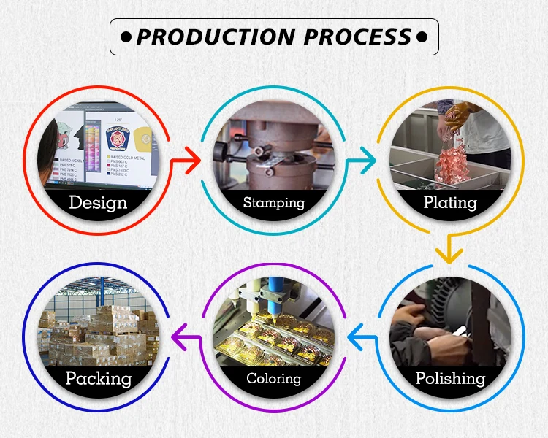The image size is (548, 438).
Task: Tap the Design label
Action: tap(98, 202)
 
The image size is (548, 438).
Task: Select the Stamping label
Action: tap(273, 202)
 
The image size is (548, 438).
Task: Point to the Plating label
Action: tap(450, 202)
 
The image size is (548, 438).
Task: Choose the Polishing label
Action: tap(450, 377)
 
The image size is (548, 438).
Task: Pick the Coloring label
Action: tap(273, 378)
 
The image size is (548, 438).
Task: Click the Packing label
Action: tap(98, 378)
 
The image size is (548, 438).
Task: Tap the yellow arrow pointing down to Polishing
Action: tap(449, 250)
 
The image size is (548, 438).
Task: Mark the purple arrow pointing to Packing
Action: tap(184, 337)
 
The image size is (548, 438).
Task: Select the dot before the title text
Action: tap(125, 36)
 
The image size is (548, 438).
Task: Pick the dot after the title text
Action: tap(422, 36)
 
